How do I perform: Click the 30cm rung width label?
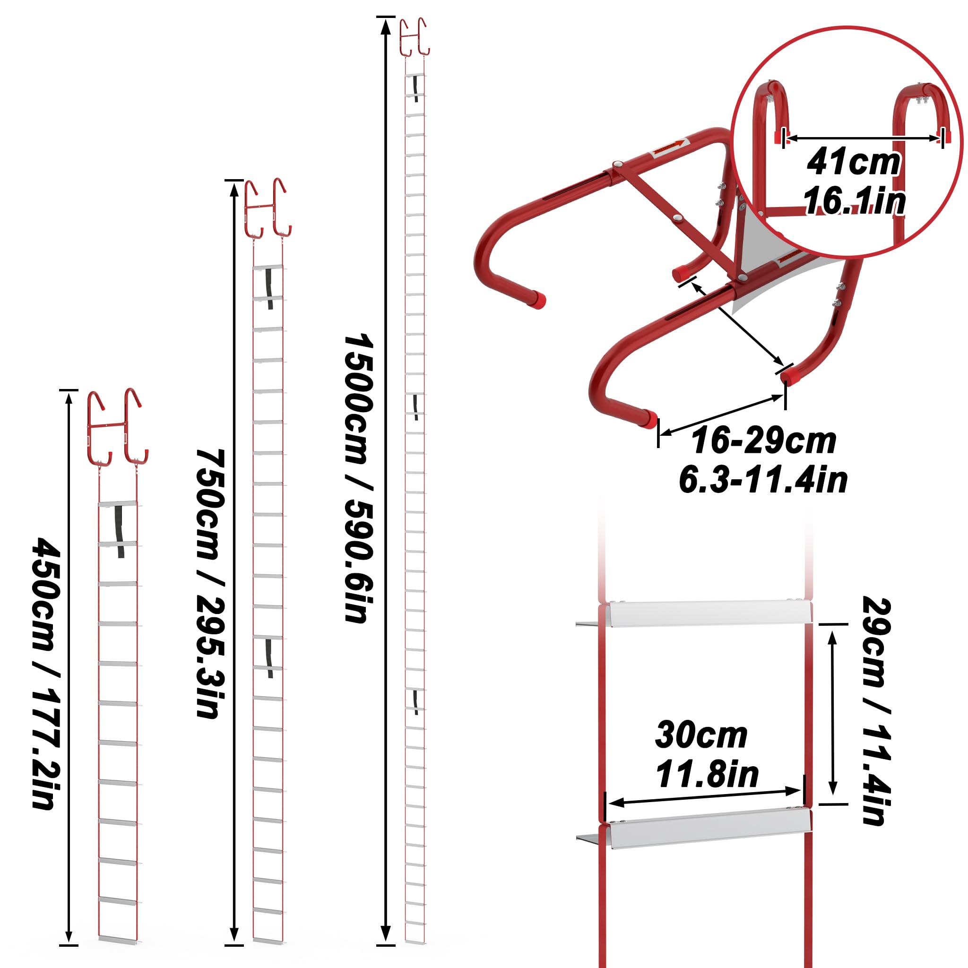pos(701,735)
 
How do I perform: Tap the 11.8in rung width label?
pos(707,774)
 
